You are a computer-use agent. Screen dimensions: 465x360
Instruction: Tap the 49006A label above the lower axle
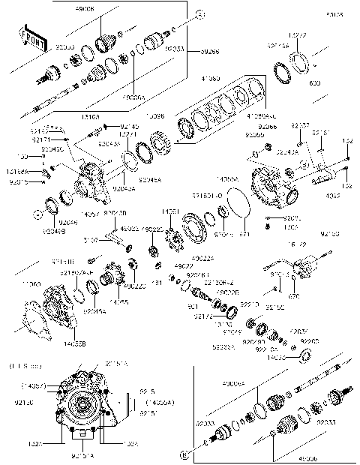[x=232, y=382]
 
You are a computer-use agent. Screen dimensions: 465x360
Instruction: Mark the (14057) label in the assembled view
[x=31, y=386]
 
